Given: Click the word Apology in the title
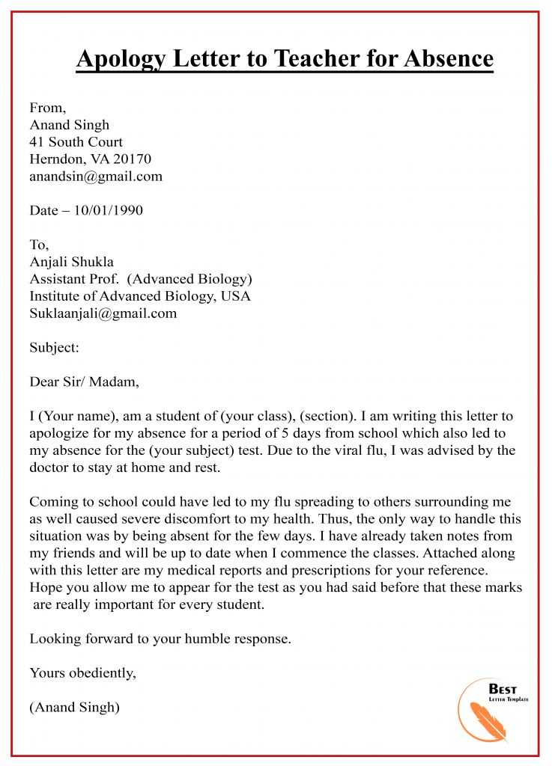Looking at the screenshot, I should (123, 58).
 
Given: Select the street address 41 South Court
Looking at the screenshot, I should (76, 141).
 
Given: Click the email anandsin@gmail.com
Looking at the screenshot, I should (96, 177).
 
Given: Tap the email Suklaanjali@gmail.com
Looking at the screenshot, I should (103, 313).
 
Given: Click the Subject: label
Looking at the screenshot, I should (54, 347).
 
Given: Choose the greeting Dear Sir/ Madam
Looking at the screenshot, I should (84, 382).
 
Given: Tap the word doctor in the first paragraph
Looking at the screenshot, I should (49, 468).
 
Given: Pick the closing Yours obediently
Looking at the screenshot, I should (82, 673).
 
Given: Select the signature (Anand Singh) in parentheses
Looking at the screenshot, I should (74, 707).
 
